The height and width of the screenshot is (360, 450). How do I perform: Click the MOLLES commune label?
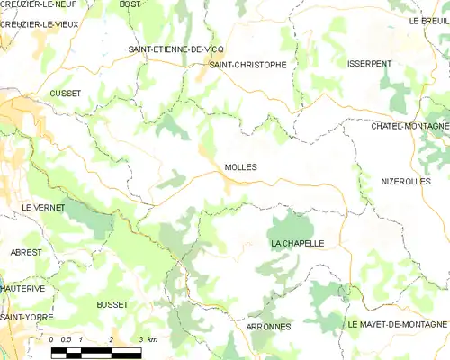tap(240, 167)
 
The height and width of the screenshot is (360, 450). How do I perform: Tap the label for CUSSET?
tap(66, 94)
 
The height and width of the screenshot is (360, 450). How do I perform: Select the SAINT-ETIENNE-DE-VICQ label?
tap(176, 49)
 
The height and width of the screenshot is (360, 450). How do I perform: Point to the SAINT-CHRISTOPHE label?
tap(247, 65)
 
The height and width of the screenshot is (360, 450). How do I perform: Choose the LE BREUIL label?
tap(428, 20)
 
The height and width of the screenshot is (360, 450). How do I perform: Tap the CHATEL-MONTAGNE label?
tap(409, 126)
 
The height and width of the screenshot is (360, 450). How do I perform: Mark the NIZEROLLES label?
tap(405, 181)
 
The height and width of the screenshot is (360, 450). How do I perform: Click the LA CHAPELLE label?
tap(297, 244)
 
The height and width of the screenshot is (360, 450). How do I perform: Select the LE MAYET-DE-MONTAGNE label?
tap(398, 323)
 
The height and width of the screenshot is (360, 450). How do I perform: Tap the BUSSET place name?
tap(112, 305)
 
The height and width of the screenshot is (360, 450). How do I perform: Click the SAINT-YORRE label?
tap(27, 318)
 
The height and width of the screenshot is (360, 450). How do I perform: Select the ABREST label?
tap(26, 253)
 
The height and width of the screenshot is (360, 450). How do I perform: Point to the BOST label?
tap(130, 4)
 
